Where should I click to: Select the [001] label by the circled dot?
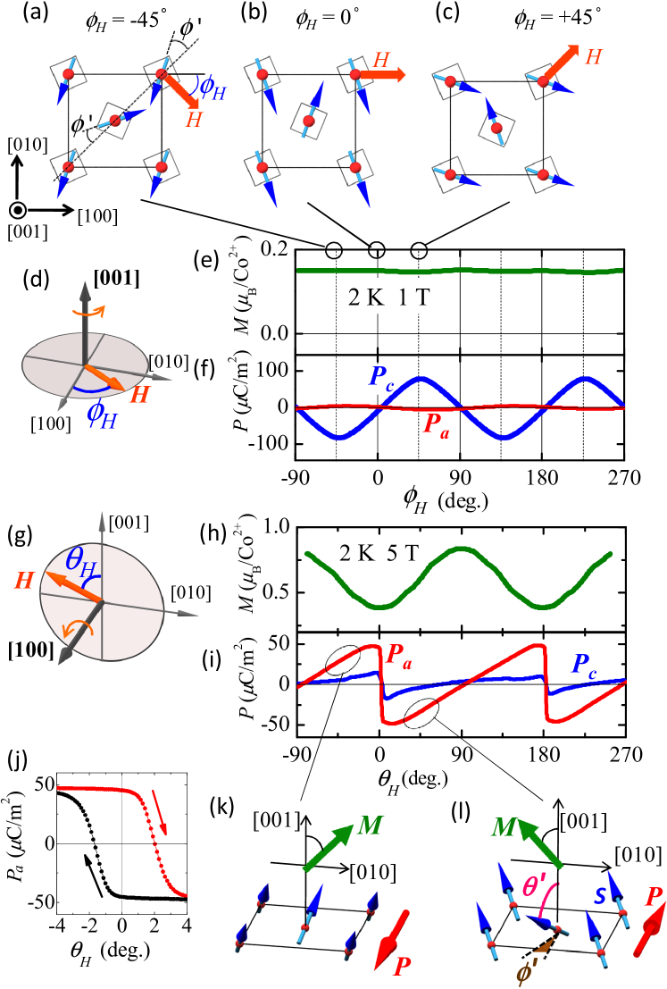pyautogui.click(x=24, y=232)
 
